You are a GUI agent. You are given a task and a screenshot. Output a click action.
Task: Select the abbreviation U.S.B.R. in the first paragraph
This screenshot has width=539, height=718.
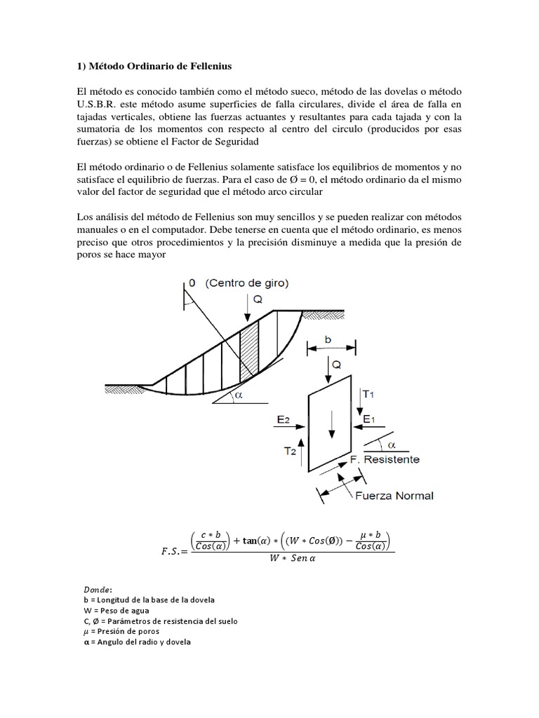98,104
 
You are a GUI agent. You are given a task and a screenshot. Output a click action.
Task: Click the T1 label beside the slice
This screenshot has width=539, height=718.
368,395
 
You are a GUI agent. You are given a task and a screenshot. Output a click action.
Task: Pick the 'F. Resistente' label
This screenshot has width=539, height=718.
385,459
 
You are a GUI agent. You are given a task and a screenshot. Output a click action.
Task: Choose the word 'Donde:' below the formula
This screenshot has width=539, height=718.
91,590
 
